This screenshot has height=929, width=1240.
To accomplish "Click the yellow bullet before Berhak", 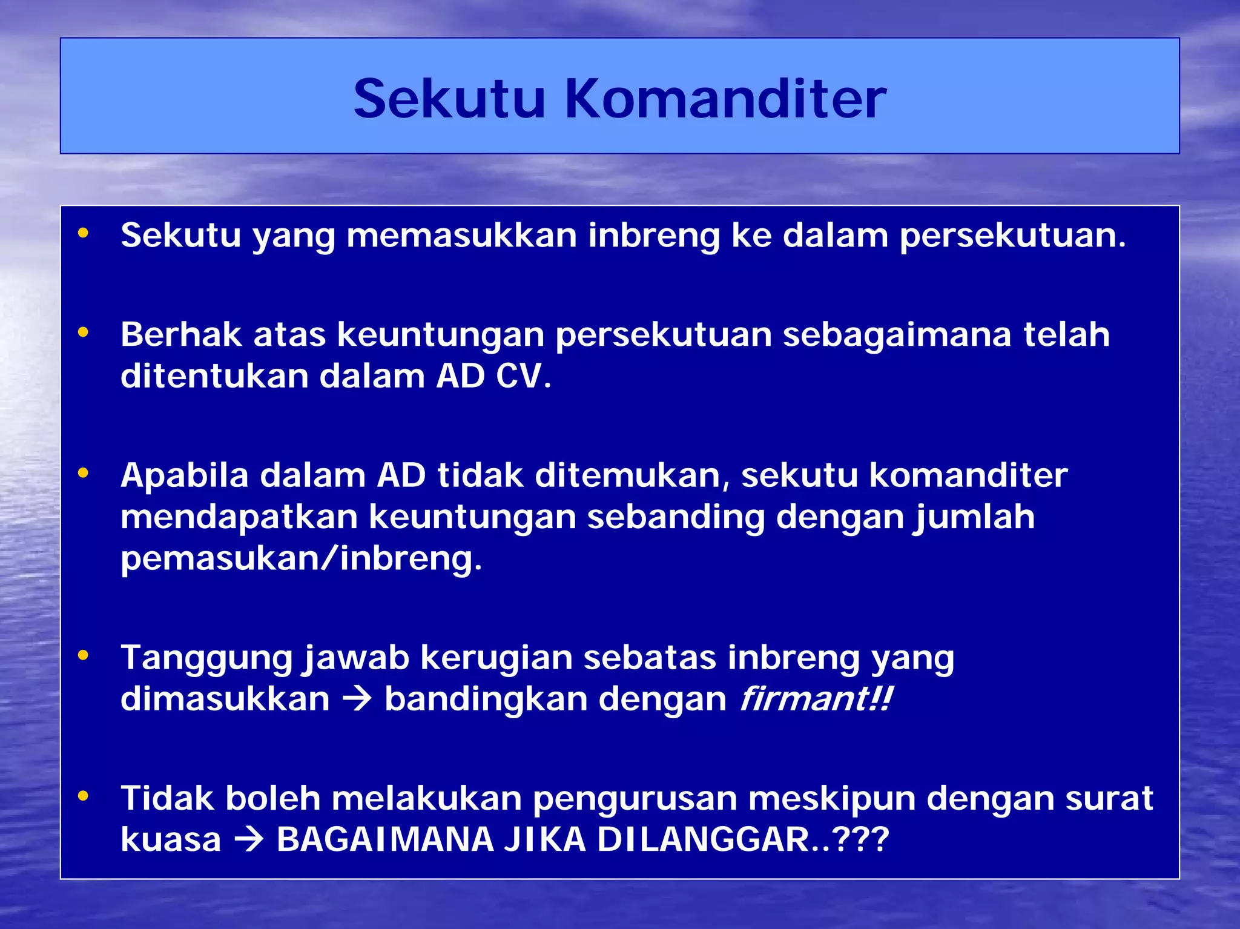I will click(x=83, y=332).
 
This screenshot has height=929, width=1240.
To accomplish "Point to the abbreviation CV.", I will click(x=523, y=376).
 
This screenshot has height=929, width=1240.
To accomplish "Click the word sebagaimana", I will click(x=897, y=335).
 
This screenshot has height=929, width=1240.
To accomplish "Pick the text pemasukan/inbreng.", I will click(x=301, y=558).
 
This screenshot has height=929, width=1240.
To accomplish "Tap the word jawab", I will click(x=356, y=658).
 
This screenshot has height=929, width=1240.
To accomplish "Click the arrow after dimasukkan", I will click(x=357, y=699).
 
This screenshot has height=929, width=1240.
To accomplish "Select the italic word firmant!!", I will click(x=816, y=699).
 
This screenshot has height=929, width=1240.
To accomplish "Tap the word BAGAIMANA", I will click(x=385, y=840).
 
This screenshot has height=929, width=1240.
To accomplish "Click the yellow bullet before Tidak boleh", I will click(x=83, y=796).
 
